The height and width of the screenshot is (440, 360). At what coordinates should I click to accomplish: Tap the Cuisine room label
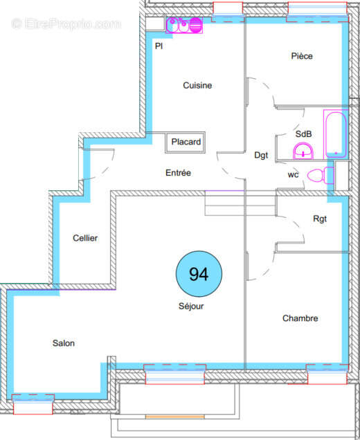(197, 86)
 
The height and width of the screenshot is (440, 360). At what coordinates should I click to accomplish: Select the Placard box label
(186, 143)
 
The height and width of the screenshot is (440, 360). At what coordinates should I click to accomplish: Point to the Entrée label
(178, 173)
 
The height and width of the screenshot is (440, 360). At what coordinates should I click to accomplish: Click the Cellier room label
(85, 238)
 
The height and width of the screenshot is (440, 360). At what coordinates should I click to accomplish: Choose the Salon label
(63, 343)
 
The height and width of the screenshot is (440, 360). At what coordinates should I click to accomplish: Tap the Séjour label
(192, 306)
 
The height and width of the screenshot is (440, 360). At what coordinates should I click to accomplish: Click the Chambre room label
(300, 318)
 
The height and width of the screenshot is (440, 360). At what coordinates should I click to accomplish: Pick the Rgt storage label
(319, 219)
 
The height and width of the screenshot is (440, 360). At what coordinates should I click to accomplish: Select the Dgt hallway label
(261, 156)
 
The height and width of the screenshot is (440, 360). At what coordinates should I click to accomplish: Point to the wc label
(293, 175)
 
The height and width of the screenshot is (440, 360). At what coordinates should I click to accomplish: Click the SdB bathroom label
(303, 134)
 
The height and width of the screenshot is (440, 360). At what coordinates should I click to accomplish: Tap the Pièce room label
(302, 56)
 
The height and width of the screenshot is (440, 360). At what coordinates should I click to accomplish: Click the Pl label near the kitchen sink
(159, 46)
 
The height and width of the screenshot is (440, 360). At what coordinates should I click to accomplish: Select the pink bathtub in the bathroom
(334, 134)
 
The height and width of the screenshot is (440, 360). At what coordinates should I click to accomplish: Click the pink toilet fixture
(316, 175)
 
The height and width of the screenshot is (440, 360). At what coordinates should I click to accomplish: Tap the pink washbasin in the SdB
(303, 150)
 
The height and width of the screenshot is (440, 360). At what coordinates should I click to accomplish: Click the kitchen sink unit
(184, 26)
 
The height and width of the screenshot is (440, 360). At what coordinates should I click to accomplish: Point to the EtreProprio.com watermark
(66, 24)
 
